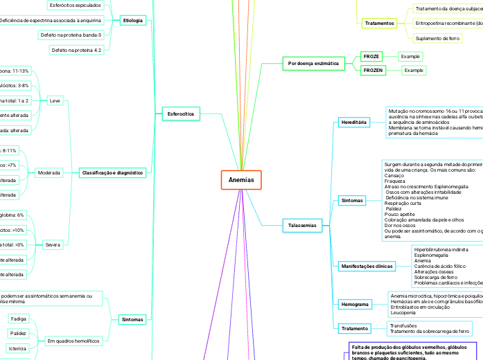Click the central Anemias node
[x=241, y=180]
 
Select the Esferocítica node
[x=180, y=113]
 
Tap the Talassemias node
[x=302, y=225]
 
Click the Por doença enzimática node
[x=313, y=63]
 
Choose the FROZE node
[x=371, y=55]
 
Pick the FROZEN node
[x=373, y=71]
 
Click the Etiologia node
[x=132, y=20]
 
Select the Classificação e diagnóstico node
[x=112, y=172]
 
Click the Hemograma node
[x=355, y=304]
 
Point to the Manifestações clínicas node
[x=367, y=266]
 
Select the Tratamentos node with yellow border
[x=379, y=23]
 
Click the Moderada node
[x=49, y=172]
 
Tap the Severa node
[x=53, y=245]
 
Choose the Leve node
[x=55, y=100]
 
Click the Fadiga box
[x=19, y=318]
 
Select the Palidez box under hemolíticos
[x=19, y=333]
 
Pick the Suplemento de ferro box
[x=437, y=38]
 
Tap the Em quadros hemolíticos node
[x=73, y=341]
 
